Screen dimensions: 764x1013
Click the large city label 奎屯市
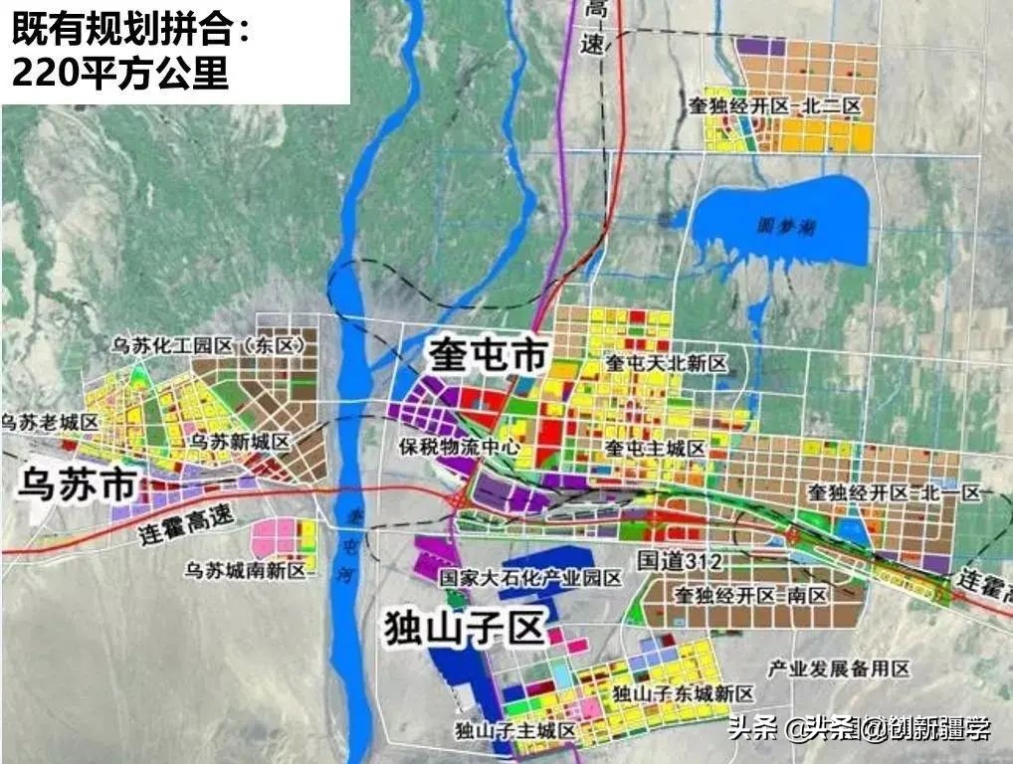click(489, 355)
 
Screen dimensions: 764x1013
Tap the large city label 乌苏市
click(77, 487)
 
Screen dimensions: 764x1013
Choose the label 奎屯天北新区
click(667, 363)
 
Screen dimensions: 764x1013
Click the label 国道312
click(680, 562)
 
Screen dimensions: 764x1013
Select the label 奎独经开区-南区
click(751, 596)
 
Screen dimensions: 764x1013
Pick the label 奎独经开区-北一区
click(895, 492)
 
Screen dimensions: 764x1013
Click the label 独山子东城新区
click(684, 693)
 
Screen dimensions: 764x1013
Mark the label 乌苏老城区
click(52, 423)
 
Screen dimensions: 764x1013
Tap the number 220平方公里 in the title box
click(120, 75)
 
